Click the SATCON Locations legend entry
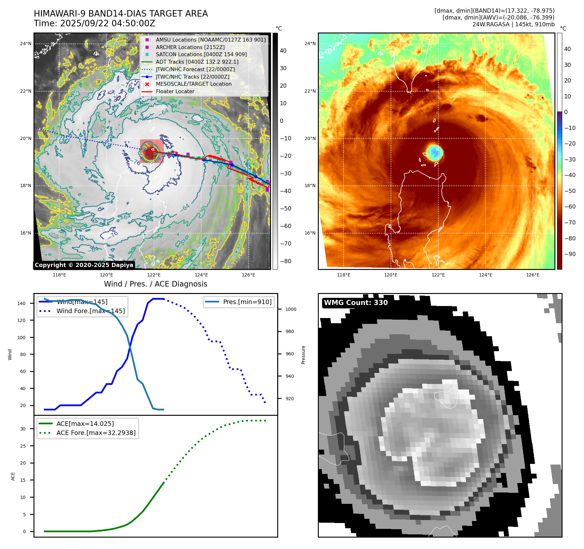pyautogui.click(x=201, y=55)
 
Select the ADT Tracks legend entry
pyautogui.click(x=197, y=62)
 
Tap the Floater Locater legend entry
pyautogui.click(x=175, y=92)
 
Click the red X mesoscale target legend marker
pyautogui.click(x=147, y=84)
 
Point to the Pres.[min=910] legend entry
pyautogui.click(x=247, y=302)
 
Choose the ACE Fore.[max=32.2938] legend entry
pyautogui.click(x=96, y=433)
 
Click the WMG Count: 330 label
pyautogui.click(x=356, y=303)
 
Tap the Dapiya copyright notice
pyautogui.click(x=84, y=265)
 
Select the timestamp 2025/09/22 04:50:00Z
pyautogui.click(x=108, y=24)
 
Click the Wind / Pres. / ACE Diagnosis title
pyautogui.click(x=155, y=284)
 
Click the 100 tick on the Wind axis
pyautogui.click(x=21, y=338)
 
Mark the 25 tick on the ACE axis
pyautogui.click(x=23, y=446)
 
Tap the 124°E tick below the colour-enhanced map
pyautogui.click(x=486, y=275)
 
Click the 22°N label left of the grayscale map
pyautogui.click(x=26, y=91)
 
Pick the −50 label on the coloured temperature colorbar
pyautogui.click(x=570, y=191)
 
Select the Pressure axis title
pyautogui.click(x=304, y=355)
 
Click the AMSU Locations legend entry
pyautogui.click(x=211, y=40)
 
